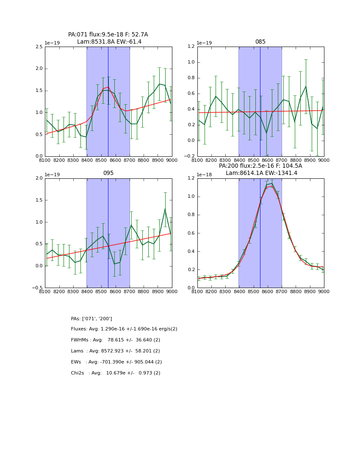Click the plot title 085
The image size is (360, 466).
(x=260, y=42)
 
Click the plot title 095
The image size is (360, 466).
(x=108, y=173)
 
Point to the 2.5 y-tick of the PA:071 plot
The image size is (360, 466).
(x=39, y=47)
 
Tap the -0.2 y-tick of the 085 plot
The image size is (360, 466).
(x=190, y=156)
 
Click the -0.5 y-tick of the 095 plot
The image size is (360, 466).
(x=38, y=288)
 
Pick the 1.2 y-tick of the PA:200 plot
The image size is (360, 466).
(x=191, y=178)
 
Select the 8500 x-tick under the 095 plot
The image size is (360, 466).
(x=101, y=291)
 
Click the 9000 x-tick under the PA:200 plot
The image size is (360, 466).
(x=324, y=291)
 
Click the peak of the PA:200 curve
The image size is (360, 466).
(x=271, y=183)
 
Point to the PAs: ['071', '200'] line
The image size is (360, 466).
(x=91, y=319)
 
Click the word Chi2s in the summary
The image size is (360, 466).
(x=78, y=373)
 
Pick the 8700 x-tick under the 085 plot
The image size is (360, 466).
(x=281, y=160)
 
